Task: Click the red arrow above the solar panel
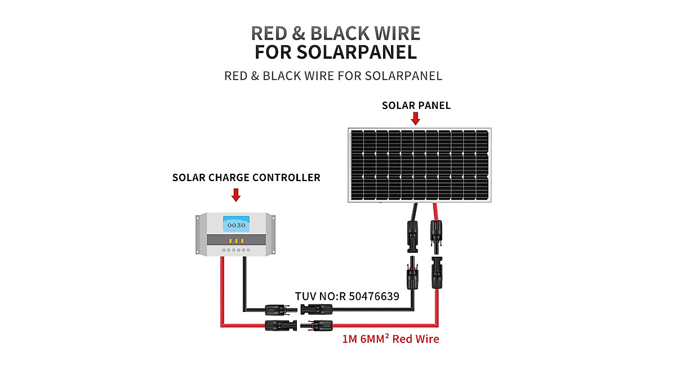coord(416,118)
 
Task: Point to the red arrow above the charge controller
coord(236,195)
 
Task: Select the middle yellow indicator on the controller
coord(234,240)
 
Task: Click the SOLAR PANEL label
coord(416,106)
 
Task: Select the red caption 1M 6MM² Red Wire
coord(390,339)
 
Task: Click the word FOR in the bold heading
coord(273,52)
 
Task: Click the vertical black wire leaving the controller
coord(244,282)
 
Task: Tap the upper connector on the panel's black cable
coord(410,235)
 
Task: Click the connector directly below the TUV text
coord(317,309)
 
